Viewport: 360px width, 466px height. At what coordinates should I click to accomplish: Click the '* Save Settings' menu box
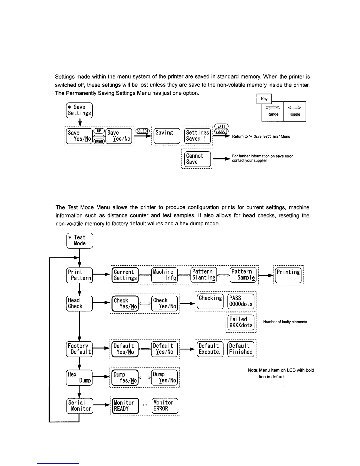tap(79, 110)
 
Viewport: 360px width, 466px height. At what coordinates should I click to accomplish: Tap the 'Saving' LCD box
tap(167, 136)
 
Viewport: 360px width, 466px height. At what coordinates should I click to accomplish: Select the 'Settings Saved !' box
tap(197, 136)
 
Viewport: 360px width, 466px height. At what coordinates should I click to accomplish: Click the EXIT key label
tap(221, 126)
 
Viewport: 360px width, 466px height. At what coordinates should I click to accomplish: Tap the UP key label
tap(99, 131)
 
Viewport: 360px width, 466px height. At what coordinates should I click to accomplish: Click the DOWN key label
tap(99, 142)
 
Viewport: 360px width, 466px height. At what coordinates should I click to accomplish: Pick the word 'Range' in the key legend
tap(273, 114)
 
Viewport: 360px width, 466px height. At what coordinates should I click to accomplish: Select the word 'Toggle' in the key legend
tap(294, 114)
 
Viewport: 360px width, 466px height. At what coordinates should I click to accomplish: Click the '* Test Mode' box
tap(80, 240)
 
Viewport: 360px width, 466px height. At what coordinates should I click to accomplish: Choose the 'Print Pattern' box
tap(79, 275)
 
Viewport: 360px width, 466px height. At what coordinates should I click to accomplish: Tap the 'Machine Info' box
tap(164, 275)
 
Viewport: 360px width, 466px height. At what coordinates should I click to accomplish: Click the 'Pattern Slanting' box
tap(204, 275)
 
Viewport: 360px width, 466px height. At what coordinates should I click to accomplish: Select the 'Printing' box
tap(288, 275)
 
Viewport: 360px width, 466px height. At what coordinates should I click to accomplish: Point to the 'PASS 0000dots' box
tap(241, 301)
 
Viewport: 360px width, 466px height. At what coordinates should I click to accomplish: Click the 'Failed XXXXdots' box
tap(241, 322)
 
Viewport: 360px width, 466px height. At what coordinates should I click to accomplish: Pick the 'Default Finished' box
tap(241, 349)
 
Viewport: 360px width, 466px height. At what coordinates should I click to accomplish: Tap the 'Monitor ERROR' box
tap(165, 406)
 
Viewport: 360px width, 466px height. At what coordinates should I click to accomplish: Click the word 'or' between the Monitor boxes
tap(145, 405)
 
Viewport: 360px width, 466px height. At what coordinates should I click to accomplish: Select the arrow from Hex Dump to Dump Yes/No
tap(101, 377)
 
